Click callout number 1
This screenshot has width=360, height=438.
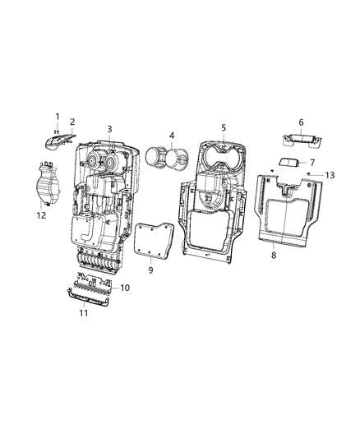pyautogui.click(x=58, y=116)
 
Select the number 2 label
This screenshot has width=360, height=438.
pyautogui.click(x=72, y=122)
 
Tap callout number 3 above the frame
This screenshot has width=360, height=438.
pyautogui.click(x=109, y=130)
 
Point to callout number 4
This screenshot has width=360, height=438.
pyautogui.click(x=171, y=135)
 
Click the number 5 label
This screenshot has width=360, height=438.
pyautogui.click(x=223, y=128)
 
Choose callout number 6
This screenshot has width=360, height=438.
pyautogui.click(x=301, y=122)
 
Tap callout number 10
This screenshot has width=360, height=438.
pyautogui.click(x=125, y=288)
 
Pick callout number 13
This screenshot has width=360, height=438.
pyautogui.click(x=330, y=175)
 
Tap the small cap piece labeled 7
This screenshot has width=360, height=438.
pyautogui.click(x=287, y=164)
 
